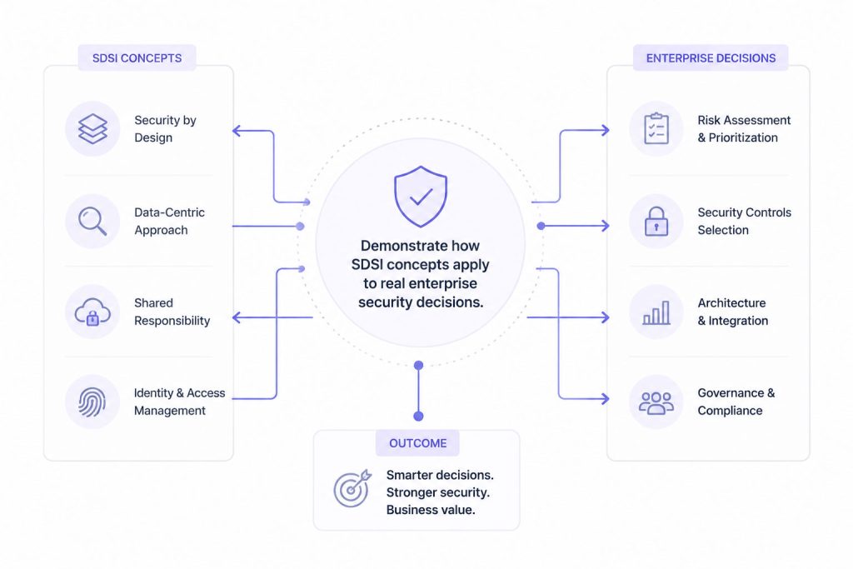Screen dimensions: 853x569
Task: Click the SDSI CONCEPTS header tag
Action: tap(137, 58)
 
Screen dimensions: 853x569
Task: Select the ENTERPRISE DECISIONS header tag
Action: tap(711, 58)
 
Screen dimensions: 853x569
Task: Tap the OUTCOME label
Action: tap(418, 443)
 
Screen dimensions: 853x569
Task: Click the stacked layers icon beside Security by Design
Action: tap(92, 129)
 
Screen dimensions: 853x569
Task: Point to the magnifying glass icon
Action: tap(92, 222)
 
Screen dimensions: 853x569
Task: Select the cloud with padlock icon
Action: tap(92, 312)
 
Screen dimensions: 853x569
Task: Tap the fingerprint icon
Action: tap(92, 402)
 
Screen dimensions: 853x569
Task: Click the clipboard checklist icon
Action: tap(656, 129)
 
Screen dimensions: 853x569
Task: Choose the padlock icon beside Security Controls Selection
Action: tap(656, 222)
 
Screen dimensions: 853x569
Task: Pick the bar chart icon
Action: tap(656, 312)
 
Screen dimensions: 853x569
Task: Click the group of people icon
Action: tap(656, 402)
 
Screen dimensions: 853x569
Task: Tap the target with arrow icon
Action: tap(352, 488)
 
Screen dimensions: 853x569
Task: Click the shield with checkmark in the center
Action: tap(421, 197)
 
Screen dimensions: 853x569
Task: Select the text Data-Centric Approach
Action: tap(170, 222)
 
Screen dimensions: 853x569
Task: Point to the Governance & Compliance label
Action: tap(736, 402)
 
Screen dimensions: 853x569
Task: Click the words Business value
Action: tap(431, 510)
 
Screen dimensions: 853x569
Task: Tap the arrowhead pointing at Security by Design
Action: tap(236, 131)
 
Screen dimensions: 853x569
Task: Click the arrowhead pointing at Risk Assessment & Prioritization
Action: tap(605, 130)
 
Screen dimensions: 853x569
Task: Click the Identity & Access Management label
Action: tap(180, 402)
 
